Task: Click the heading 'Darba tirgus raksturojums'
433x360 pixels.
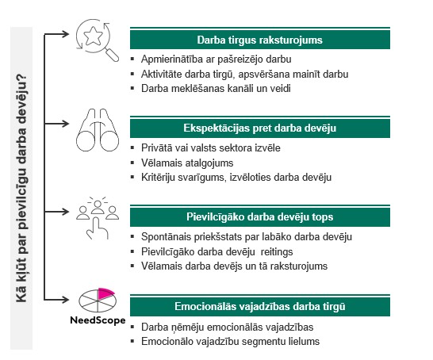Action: [259, 40]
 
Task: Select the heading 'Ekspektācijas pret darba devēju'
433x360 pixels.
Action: [259, 128]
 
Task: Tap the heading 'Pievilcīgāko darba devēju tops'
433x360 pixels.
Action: [259, 217]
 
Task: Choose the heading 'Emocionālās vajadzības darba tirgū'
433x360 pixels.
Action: [259, 306]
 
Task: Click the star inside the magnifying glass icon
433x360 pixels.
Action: [93, 36]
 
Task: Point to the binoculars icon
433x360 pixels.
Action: [98, 130]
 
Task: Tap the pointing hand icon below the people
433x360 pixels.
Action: [97, 228]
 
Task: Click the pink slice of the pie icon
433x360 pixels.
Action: [105, 293]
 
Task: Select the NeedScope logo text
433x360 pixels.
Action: [98, 320]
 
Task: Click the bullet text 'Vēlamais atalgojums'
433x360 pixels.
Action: [187, 163]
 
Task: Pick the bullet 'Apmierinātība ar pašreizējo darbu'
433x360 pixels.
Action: [216, 59]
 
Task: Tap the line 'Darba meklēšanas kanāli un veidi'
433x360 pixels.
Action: [216, 89]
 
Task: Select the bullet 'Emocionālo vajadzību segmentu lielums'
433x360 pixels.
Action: [230, 342]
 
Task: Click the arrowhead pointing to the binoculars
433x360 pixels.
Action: [66, 124]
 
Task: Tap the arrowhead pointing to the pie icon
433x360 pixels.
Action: [66, 300]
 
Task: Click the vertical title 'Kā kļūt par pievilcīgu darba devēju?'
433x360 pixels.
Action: [21, 188]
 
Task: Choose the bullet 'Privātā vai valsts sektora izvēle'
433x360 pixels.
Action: [211, 148]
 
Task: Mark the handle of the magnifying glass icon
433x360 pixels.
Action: [113, 55]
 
